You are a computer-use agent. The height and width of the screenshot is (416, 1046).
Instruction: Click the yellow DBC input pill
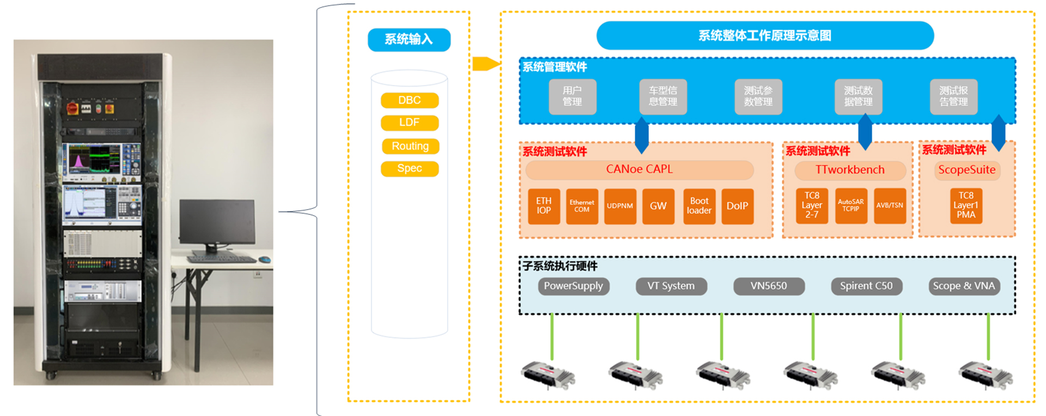[x=410, y=100]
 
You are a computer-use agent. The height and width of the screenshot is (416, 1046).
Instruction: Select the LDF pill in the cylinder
[x=410, y=123]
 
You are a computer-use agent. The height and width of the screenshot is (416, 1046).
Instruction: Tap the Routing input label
[x=410, y=146]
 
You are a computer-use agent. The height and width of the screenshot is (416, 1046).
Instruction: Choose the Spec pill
[x=410, y=168]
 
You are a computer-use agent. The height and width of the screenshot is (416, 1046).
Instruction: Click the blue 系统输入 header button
[x=409, y=39]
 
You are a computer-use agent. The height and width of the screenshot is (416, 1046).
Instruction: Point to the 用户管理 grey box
[x=572, y=97]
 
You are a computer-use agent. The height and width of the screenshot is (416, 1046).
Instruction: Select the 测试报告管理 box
[x=953, y=97]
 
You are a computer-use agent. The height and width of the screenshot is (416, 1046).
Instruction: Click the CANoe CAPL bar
[x=639, y=170]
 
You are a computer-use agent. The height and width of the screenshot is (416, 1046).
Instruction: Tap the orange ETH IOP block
[x=544, y=206]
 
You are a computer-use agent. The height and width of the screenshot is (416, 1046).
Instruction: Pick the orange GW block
[x=658, y=206]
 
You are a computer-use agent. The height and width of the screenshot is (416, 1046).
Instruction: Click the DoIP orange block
[x=737, y=206]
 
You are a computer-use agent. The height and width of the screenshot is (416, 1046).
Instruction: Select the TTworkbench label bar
[x=850, y=170]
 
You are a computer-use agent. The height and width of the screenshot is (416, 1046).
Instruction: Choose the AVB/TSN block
[x=890, y=206]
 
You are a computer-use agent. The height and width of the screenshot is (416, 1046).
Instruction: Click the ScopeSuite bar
[x=966, y=170]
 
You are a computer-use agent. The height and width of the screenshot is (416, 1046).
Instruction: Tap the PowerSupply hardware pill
[x=573, y=286]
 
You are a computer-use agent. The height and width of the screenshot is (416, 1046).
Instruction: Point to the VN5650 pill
[x=769, y=286]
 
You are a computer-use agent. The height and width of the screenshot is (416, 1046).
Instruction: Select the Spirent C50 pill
[x=866, y=286]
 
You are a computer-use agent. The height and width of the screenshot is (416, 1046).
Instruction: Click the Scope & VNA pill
[x=964, y=286]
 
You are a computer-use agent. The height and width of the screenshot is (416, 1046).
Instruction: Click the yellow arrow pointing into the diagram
[x=485, y=64]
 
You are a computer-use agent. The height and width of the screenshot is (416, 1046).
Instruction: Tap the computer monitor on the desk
[x=217, y=222]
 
